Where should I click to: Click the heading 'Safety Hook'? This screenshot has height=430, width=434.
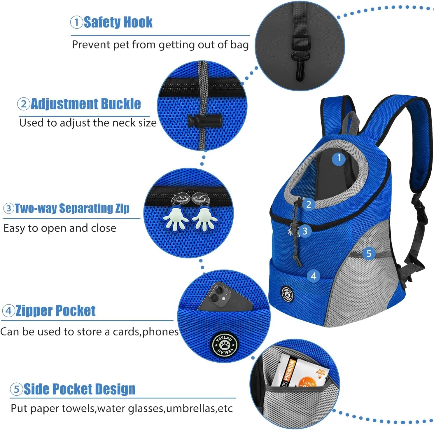(118, 22)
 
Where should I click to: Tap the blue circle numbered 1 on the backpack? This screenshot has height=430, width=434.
(339, 158)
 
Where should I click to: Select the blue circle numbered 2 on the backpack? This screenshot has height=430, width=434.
(309, 204)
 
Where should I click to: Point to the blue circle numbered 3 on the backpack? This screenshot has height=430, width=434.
(305, 231)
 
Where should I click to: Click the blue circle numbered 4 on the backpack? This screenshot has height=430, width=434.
(314, 276)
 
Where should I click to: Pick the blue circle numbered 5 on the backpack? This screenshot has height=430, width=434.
(369, 253)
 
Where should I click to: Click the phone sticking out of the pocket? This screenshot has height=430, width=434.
(225, 298)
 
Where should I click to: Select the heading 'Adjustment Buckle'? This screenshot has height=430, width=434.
(86, 104)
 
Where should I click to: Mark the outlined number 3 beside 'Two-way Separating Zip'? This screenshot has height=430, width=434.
(9, 208)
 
